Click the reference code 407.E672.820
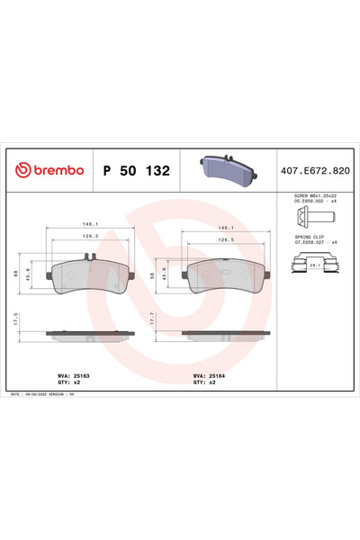tap(315, 170)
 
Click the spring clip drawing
tap(312, 265)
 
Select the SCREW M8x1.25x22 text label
tap(314, 196)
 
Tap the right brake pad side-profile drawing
tap(226, 335)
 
